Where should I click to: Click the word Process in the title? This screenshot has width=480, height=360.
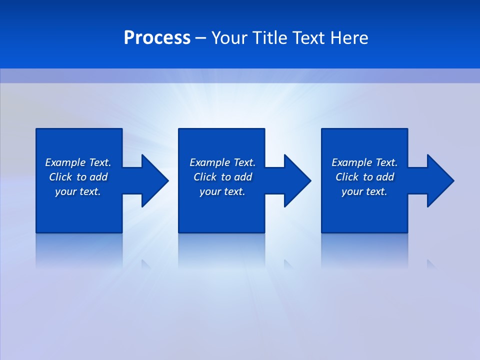point(157,38)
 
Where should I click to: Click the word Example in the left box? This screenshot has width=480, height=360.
point(65,162)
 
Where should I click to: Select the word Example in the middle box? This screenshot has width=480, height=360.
point(209,162)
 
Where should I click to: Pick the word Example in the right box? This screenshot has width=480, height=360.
point(351,162)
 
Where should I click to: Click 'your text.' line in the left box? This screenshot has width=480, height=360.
point(78,191)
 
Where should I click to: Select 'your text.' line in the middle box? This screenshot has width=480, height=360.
point(222,191)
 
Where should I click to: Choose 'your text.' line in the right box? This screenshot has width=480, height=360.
point(364,191)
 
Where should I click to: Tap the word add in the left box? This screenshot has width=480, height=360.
point(98,177)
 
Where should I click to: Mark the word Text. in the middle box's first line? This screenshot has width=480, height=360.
point(244,162)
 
